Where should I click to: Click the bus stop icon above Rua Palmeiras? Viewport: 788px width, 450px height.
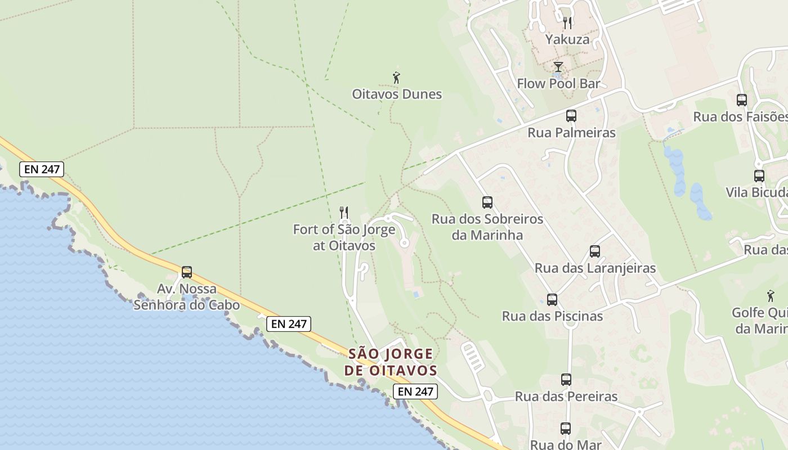point(571,116)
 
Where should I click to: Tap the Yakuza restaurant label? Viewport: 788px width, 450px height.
point(567,39)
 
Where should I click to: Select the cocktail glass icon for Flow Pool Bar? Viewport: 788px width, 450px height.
point(558,67)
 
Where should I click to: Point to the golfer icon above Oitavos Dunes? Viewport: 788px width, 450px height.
point(396,78)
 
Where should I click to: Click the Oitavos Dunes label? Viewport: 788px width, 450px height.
point(397,94)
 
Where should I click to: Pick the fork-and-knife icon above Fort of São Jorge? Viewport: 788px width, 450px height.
point(343,213)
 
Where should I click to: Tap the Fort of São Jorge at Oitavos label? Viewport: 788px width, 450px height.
point(344,237)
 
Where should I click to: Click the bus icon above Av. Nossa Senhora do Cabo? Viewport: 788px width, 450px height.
point(187,272)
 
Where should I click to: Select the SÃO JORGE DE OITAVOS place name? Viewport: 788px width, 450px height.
point(391,362)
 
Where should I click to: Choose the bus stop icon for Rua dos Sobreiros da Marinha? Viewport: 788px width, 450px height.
point(487,202)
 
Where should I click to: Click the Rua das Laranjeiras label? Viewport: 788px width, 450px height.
point(595,268)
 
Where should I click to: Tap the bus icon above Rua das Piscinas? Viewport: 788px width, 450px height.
point(552,300)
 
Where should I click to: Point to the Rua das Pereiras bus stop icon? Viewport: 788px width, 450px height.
point(566,380)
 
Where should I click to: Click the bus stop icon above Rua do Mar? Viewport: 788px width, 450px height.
point(566,429)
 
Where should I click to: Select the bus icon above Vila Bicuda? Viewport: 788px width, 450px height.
point(759,175)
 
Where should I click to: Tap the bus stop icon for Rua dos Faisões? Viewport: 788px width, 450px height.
point(742,100)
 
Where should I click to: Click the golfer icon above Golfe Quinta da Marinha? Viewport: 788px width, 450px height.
point(771,296)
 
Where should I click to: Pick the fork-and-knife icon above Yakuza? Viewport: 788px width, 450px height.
point(567,23)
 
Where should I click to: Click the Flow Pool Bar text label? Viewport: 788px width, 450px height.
point(558,84)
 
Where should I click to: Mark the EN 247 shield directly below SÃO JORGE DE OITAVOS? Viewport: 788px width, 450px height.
point(415,391)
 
